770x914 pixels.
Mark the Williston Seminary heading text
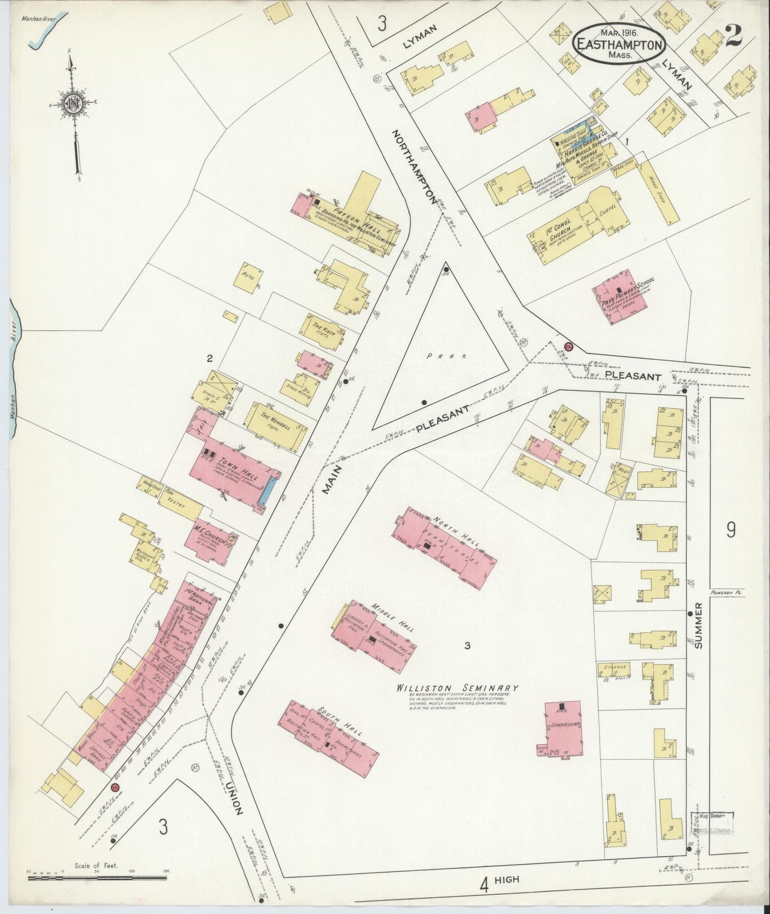tap(457, 688)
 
